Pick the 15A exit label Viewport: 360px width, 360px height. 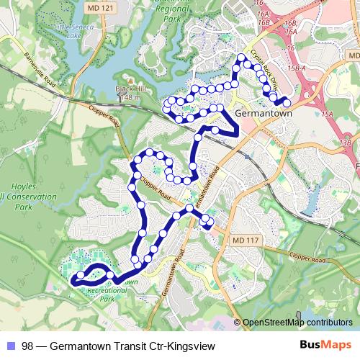(x=328, y=114)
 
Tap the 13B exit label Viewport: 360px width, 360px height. (x=347, y=144)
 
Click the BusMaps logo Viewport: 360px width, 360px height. (x=325, y=345)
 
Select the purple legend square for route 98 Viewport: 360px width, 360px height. (x=10, y=346)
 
